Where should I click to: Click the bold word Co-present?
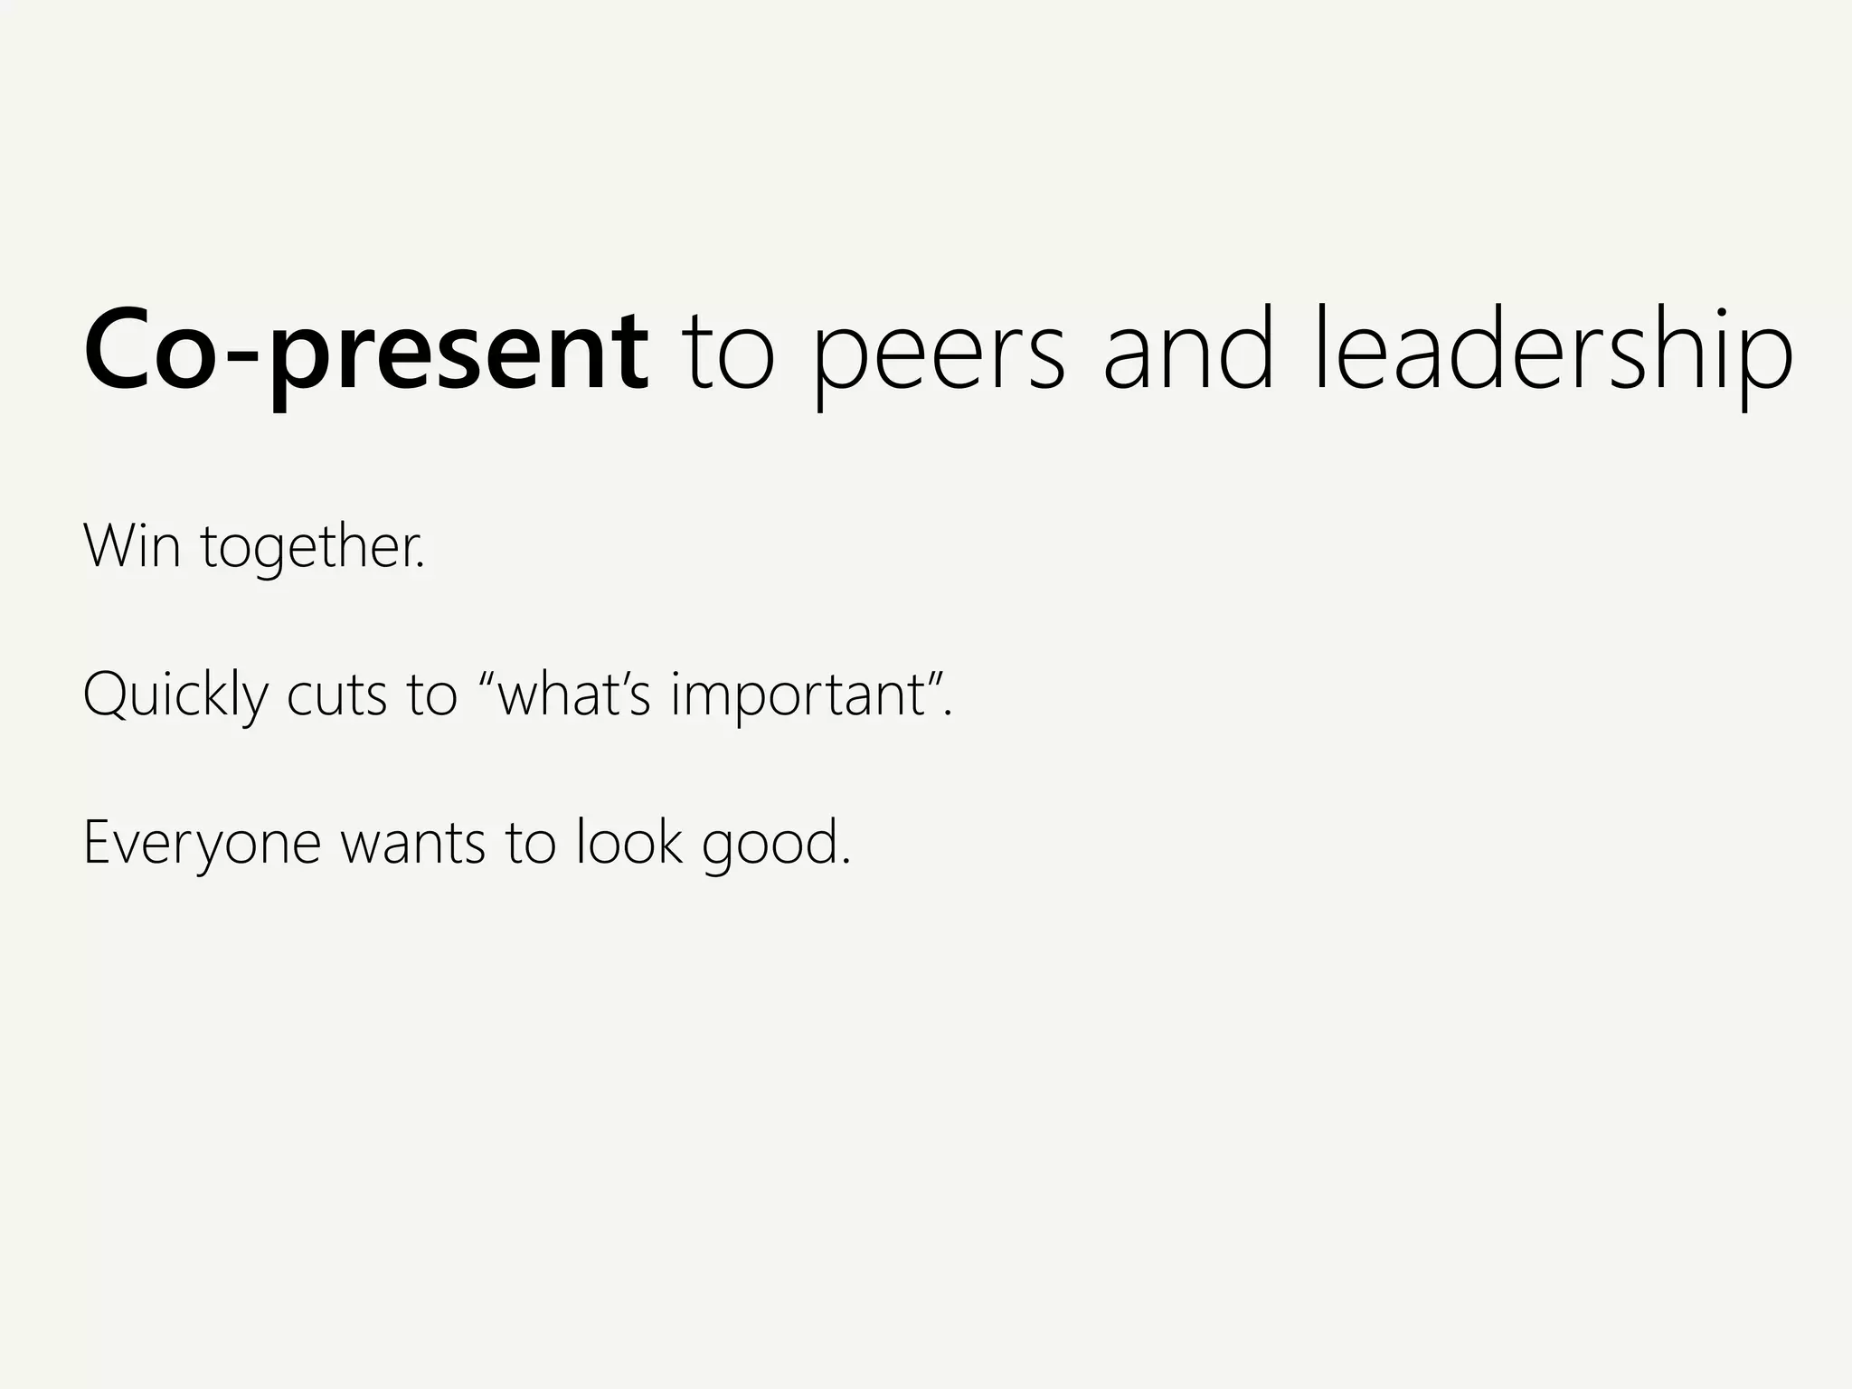(x=366, y=353)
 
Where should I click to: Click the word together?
(x=312, y=548)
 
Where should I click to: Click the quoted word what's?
(x=573, y=694)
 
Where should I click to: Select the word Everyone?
(x=202, y=843)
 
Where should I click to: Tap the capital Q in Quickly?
(x=107, y=694)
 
